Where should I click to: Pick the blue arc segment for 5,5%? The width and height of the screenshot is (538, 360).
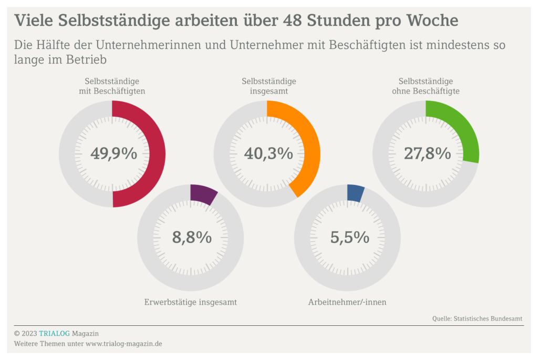point(356,193)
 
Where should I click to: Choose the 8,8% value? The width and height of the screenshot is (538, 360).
point(192,238)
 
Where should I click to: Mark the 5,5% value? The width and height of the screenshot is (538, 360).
point(349,238)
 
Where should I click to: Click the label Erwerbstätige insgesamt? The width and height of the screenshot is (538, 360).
point(190,302)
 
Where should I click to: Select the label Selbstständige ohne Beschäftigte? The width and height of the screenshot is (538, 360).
point(426,86)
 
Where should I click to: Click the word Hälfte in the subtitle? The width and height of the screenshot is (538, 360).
point(56,45)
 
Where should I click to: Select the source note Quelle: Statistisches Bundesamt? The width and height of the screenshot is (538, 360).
point(477,318)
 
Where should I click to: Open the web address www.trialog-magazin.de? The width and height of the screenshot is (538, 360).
point(123,344)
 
